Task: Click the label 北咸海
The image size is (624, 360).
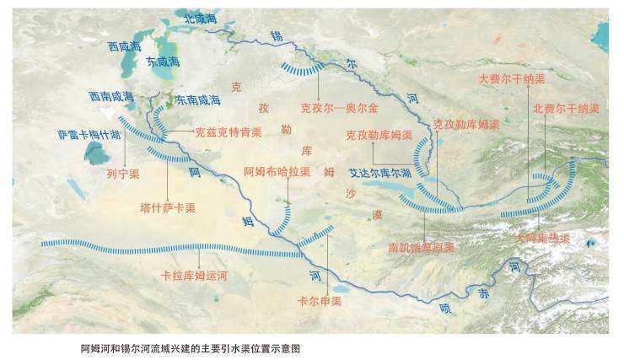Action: coord(207,18)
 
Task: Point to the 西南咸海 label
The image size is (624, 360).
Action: coord(111,97)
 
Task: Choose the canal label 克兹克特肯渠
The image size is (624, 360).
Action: coord(228,132)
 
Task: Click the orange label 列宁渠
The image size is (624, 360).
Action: coord(123,175)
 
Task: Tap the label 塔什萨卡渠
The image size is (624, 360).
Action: coord(168,207)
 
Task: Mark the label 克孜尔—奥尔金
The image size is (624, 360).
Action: coord(339,108)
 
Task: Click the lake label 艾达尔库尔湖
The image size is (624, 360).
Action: coord(380,173)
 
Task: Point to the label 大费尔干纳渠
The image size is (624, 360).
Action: coord(512,78)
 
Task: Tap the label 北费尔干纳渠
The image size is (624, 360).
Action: coord(566,109)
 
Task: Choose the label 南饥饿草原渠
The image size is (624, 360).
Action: coord(422,248)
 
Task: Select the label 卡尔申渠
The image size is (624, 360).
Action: coord(320,300)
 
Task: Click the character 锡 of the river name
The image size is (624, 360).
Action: coord(276,35)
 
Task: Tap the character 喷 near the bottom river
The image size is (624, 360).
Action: coord(445,309)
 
